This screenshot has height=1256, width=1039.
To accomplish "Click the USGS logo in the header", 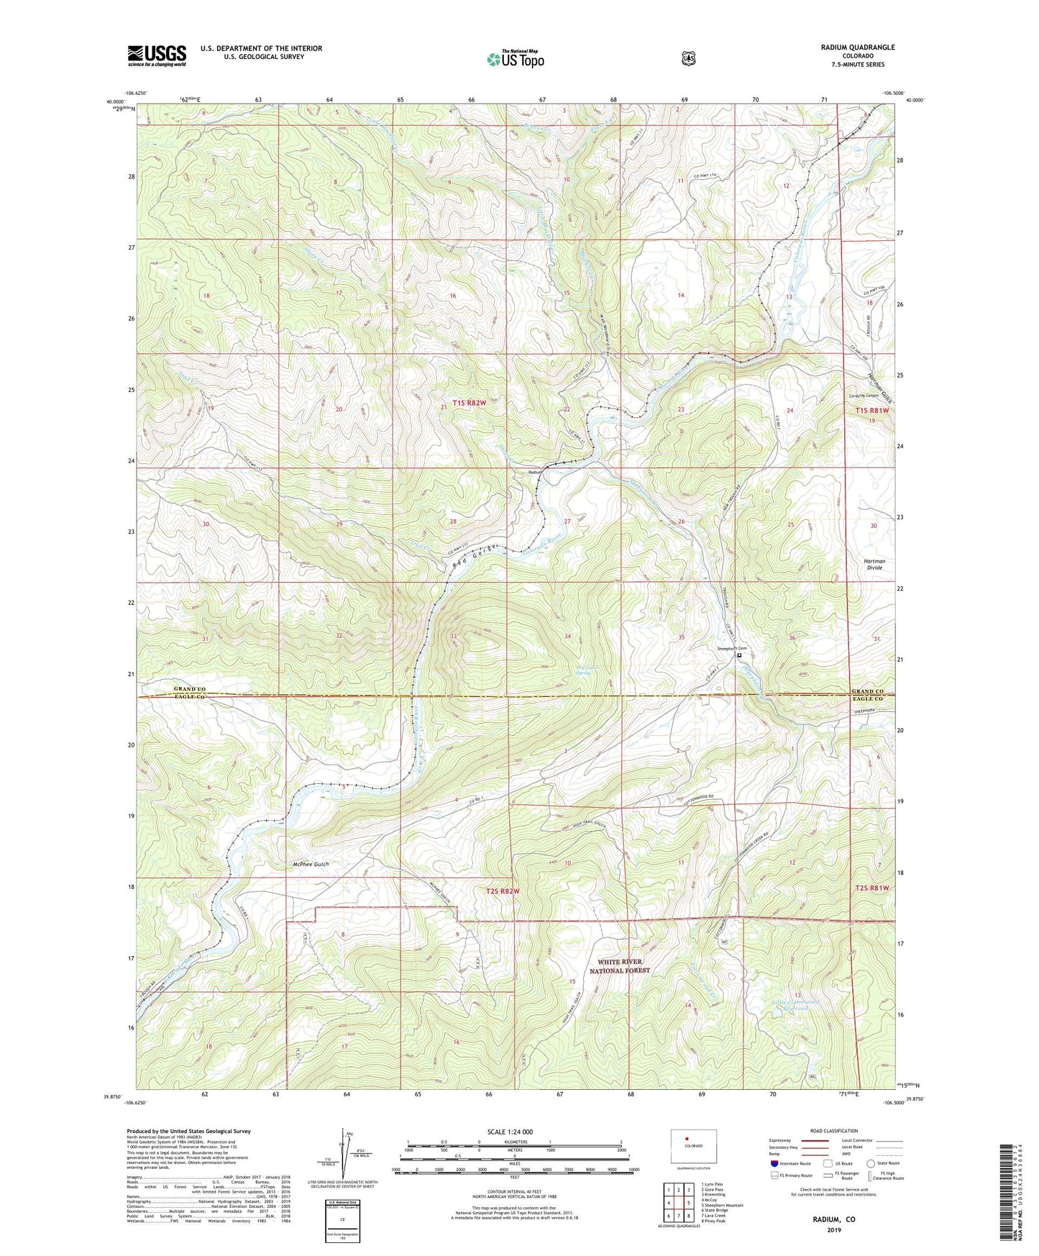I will [157, 55].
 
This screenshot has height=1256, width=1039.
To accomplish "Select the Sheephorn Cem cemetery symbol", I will [739, 655].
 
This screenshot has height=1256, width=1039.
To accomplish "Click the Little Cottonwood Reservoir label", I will [781, 1004].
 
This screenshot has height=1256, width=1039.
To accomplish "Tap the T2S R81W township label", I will [872, 888].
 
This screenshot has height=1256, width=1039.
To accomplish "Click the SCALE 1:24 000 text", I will [510, 1132].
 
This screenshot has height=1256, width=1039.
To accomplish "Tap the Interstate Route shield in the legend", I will [774, 1163].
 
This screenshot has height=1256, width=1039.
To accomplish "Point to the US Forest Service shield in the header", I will [688, 58].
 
